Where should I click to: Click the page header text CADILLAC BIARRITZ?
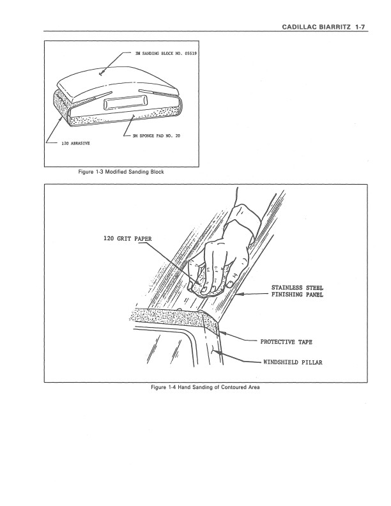pos(316,27)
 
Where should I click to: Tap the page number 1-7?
pos(360,27)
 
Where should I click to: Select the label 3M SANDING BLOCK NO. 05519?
pos(166,53)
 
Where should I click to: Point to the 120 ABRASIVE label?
pos(75,143)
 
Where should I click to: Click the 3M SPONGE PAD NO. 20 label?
pos(156,135)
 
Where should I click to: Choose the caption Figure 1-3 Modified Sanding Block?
pos(121,172)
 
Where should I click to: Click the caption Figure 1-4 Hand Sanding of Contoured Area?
pos(205,387)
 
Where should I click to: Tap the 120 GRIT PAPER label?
pos(127,239)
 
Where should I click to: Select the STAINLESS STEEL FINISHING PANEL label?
pos(297,291)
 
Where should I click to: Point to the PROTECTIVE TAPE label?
pos(286,342)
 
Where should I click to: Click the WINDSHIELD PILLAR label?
pos(293,362)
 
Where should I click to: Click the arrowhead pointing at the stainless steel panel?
pos(239,295)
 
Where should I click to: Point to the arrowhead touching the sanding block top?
pos(101,74)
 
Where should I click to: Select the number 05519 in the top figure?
pos(190,53)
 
